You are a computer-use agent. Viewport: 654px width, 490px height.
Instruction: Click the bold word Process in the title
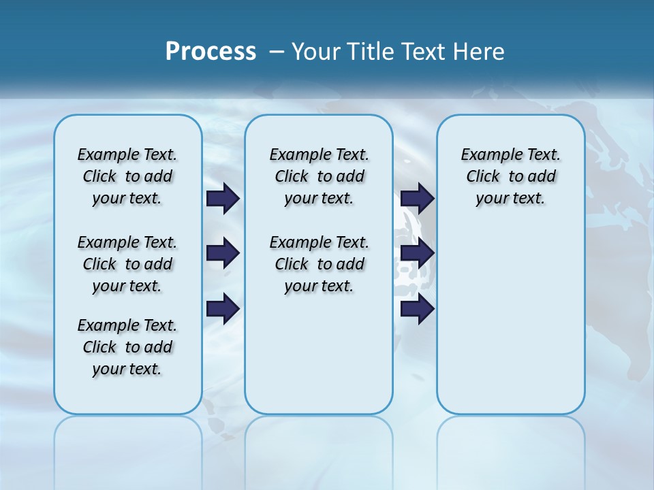(x=211, y=51)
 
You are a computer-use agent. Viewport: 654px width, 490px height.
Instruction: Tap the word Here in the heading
(x=480, y=52)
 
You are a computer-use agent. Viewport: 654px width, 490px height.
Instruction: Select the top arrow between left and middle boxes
(x=223, y=199)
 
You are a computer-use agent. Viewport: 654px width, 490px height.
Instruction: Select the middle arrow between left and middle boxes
(x=223, y=254)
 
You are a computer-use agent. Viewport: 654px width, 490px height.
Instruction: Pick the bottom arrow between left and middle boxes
(x=223, y=308)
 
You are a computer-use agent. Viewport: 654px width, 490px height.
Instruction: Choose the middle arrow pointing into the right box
(x=417, y=254)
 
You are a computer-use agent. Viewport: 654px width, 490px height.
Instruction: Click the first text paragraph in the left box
(x=127, y=176)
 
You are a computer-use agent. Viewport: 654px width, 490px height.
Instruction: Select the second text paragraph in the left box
(x=127, y=264)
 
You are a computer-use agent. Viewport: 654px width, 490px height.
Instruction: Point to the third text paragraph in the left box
(x=127, y=347)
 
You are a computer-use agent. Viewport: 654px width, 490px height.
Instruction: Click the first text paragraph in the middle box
(x=319, y=176)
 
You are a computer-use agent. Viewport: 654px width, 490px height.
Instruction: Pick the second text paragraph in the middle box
(x=319, y=264)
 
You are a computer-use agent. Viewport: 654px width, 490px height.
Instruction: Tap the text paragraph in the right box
(x=511, y=176)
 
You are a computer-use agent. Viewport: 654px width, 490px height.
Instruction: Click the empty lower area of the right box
(x=511, y=327)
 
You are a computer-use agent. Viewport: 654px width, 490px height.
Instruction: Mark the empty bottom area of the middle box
(x=319, y=361)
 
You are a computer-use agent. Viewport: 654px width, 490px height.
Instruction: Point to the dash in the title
(x=277, y=52)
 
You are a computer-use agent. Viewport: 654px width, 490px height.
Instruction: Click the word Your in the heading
(x=316, y=52)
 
